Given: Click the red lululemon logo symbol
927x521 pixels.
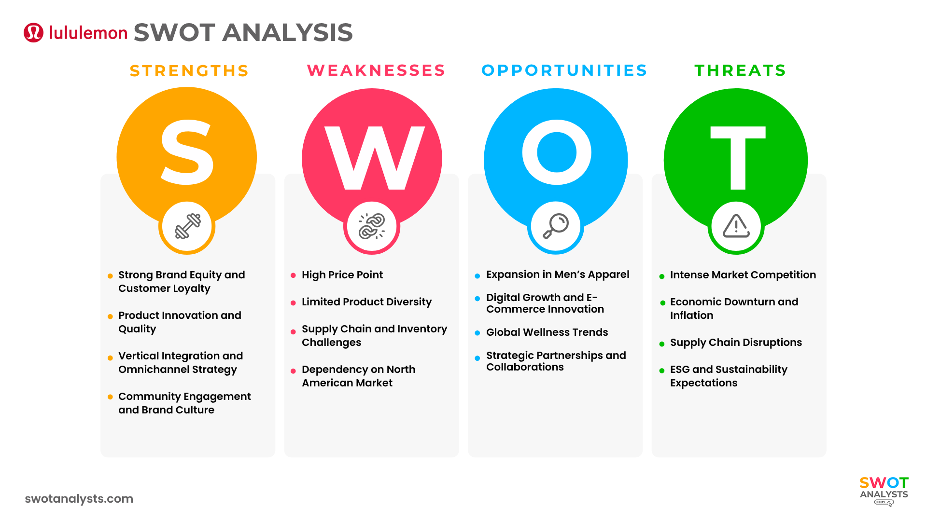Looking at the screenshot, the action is (x=33, y=33).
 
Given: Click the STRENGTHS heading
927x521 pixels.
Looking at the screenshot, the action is (x=189, y=71).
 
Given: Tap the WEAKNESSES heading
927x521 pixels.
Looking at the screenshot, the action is (x=376, y=70).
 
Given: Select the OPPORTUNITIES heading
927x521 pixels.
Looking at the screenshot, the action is (x=564, y=70).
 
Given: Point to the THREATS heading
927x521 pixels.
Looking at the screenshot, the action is (x=740, y=70).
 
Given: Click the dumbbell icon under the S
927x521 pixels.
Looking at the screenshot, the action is (x=188, y=226).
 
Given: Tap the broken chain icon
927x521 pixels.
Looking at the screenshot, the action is (x=372, y=226).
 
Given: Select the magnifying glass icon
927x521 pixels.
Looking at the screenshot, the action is (x=556, y=226).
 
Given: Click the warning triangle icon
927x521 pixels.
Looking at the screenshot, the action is (x=736, y=226).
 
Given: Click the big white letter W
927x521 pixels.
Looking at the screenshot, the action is (x=375, y=158).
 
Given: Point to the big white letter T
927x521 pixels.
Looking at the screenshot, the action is (x=738, y=158).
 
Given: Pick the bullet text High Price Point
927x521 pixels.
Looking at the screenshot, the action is (x=342, y=275).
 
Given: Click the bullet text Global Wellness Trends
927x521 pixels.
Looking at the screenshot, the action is (x=547, y=332).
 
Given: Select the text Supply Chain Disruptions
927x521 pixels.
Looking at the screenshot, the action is (x=736, y=343).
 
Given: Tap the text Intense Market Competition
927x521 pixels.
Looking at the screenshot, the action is (x=743, y=275).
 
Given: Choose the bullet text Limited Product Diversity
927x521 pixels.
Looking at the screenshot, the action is (x=367, y=302).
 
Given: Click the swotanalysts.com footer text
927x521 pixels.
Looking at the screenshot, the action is (x=79, y=499).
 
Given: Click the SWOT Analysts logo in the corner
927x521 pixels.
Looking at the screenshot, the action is (x=884, y=491).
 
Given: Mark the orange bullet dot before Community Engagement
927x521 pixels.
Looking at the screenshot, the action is (x=110, y=397).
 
